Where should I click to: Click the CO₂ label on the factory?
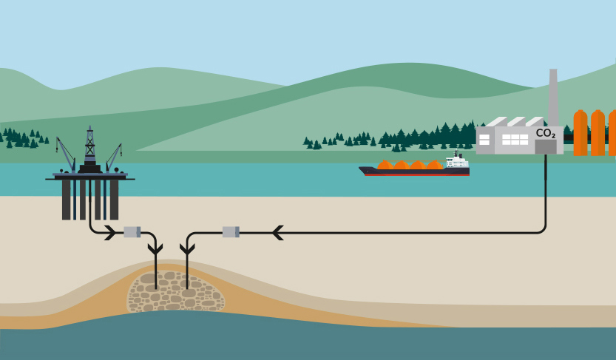546,134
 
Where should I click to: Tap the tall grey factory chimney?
553,96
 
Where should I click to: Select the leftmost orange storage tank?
581,133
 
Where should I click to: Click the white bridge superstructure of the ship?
456,160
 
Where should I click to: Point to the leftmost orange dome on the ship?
385,166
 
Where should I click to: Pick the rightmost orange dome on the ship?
435,166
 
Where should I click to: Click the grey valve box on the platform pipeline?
132,232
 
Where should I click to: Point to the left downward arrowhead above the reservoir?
156,250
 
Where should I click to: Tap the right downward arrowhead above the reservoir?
186,250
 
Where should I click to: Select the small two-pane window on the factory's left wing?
484,139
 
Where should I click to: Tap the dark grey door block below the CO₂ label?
546,148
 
